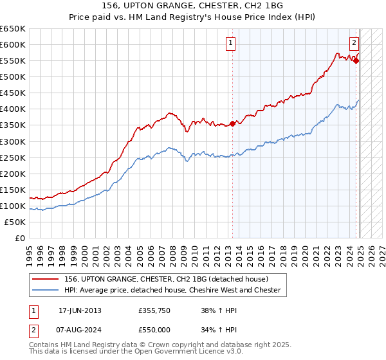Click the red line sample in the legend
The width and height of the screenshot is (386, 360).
47,279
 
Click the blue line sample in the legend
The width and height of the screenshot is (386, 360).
47,290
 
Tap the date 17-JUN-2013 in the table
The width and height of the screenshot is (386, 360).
80,310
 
